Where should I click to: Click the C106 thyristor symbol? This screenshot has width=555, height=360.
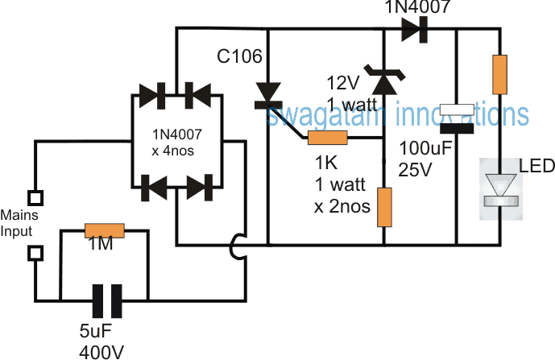[x=267, y=96]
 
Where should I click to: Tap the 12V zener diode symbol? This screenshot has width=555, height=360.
[x=381, y=77]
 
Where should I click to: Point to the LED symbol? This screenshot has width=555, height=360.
[x=500, y=185]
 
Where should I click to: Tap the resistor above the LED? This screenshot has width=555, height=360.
[x=500, y=74]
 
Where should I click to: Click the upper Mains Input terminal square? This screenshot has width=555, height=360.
[x=35, y=196]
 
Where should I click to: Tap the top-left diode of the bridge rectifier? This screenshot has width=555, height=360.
[x=151, y=96]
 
